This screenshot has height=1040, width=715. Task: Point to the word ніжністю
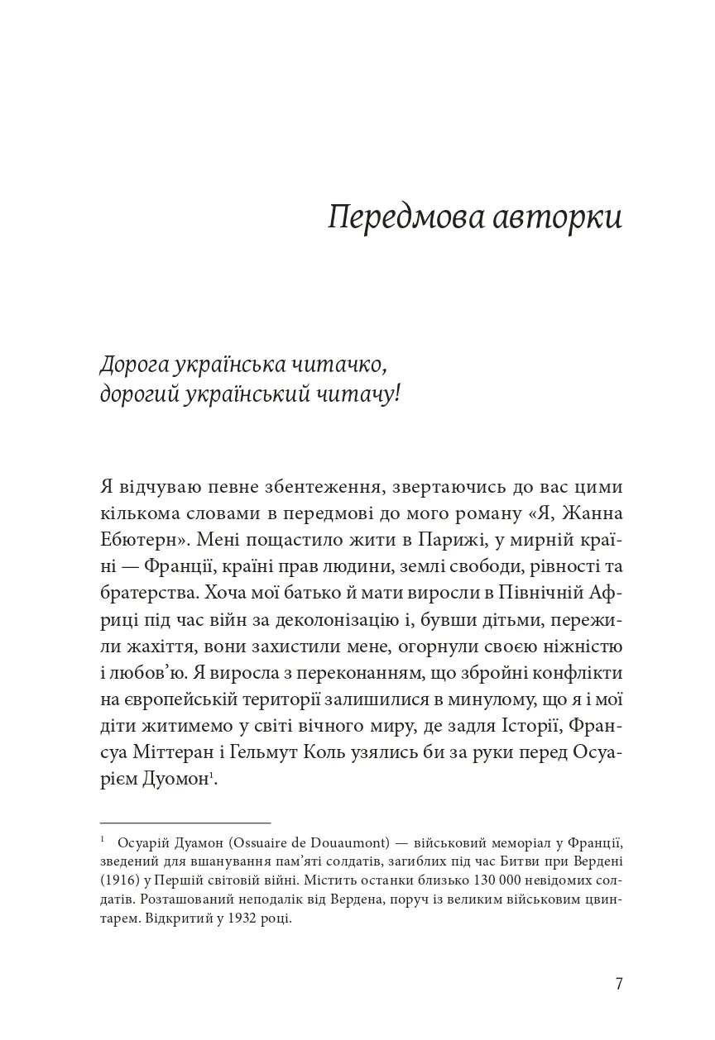tap(576, 646)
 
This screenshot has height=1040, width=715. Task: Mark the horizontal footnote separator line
tap(185, 823)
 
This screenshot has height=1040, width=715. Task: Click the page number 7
tap(619, 984)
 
